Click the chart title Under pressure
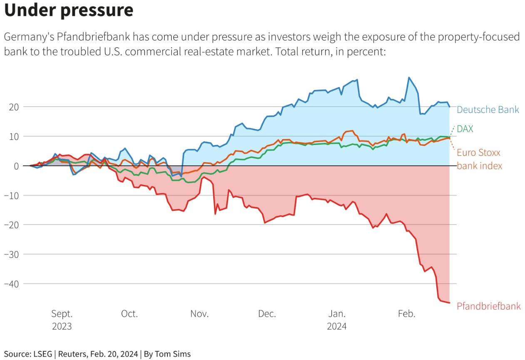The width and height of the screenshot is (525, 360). (69, 11)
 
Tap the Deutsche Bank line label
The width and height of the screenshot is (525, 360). (488, 110)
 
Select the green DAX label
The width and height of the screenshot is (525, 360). (465, 129)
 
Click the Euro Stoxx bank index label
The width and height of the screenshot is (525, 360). (479, 159)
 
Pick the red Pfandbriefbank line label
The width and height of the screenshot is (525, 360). (488, 306)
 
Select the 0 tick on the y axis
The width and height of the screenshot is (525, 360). (17, 166)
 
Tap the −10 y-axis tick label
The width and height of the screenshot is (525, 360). (12, 195)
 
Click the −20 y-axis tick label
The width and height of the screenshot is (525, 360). (12, 225)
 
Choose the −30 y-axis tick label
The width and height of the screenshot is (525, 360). (12, 254)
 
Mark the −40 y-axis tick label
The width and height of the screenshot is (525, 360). (12, 284)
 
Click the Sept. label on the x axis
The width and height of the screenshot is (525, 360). (62, 314)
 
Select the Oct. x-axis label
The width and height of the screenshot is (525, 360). (129, 314)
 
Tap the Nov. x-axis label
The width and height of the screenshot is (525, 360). (199, 314)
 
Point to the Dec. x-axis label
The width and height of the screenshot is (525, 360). (267, 314)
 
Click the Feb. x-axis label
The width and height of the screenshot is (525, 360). (406, 314)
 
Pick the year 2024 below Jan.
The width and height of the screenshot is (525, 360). (336, 326)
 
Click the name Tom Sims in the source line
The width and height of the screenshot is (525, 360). (172, 354)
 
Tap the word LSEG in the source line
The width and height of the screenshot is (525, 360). (42, 354)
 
